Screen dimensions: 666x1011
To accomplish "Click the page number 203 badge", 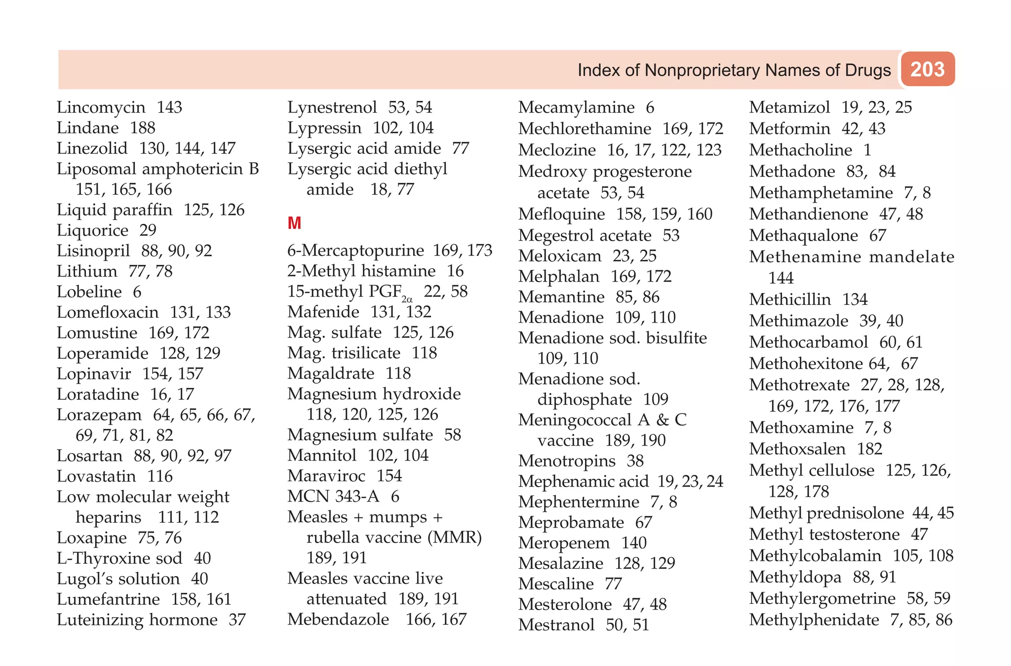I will click(928, 69).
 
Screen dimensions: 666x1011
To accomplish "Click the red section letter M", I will click(294, 223).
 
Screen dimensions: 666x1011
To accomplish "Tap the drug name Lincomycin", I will click(101, 107).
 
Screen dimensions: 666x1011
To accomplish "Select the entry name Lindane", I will click(88, 128).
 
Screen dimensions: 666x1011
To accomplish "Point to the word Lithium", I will click(87, 271).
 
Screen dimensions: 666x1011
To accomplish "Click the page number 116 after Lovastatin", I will click(160, 476).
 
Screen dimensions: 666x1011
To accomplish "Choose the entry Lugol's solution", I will click(118, 579).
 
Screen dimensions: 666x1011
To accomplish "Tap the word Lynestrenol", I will click(332, 107).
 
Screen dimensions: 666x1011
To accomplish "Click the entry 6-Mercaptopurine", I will click(355, 250).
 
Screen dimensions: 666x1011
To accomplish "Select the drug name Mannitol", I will click(322, 455).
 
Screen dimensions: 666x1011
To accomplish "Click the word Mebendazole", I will click(338, 619).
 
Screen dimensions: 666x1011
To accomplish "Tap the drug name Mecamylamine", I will click(577, 107).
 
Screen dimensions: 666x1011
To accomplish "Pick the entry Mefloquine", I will click(562, 214).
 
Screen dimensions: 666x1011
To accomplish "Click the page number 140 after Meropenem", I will click(634, 543).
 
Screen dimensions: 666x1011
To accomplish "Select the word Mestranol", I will click(556, 625).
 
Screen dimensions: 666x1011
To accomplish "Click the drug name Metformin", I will click(790, 128).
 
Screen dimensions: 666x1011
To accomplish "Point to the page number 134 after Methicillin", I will click(855, 299).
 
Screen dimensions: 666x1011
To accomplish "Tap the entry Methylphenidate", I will click(814, 620).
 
